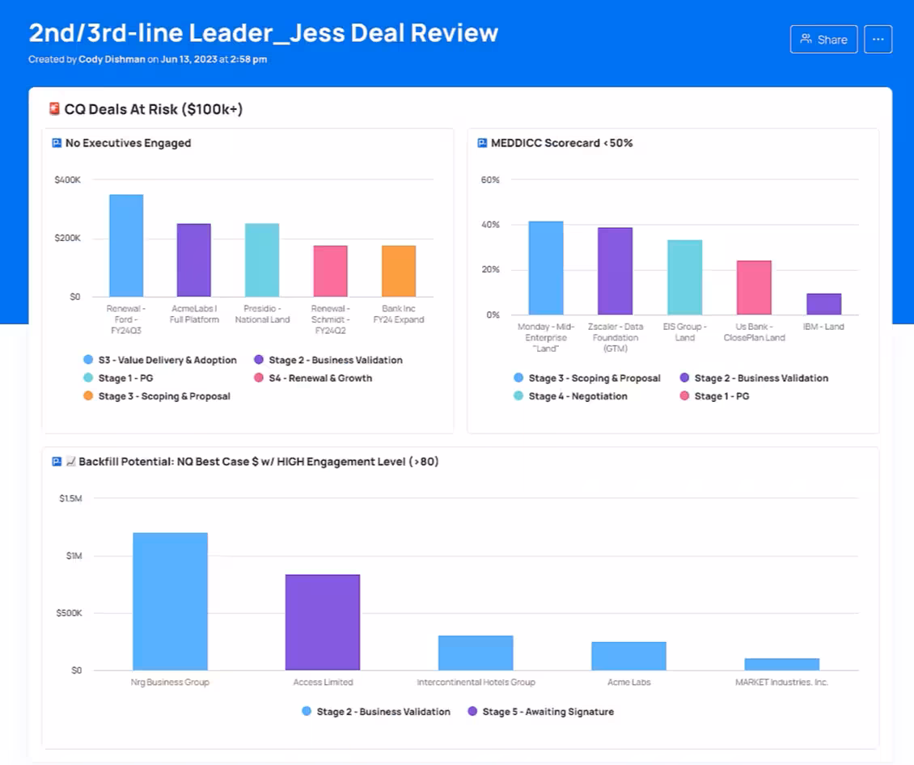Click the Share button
tap(823, 40)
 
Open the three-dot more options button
tap(878, 40)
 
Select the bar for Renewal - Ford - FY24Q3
tap(126, 246)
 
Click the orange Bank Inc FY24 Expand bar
tap(399, 271)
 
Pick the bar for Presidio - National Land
tap(262, 260)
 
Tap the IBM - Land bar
tap(823, 304)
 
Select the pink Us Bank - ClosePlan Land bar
tap(754, 288)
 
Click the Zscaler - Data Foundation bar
tap(615, 271)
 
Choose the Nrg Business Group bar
tap(170, 601)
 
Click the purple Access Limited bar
tap(322, 622)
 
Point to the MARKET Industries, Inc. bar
tap(781, 664)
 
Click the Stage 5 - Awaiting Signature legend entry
tap(540, 712)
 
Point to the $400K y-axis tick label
tap(67, 180)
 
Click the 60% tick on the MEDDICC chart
tap(490, 180)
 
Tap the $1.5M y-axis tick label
tap(70, 498)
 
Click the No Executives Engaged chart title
tap(128, 143)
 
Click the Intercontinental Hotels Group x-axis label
tap(476, 683)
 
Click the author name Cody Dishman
tap(111, 59)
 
